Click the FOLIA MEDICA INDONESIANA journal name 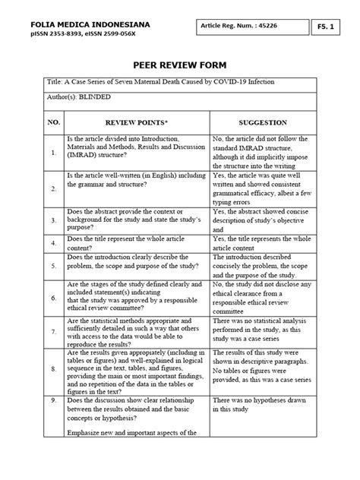click(90, 25)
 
